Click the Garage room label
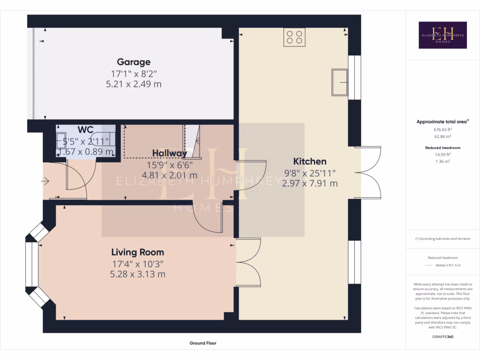[x=134, y=62]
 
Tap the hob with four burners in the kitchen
[x=294, y=37]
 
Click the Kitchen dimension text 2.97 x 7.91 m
[x=310, y=183]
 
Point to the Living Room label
[x=137, y=252]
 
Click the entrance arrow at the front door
[x=45, y=180]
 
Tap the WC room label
[x=85, y=129]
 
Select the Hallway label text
[x=169, y=153]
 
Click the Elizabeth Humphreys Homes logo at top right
[x=442, y=35]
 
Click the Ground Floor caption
[x=203, y=343]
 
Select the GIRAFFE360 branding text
[x=442, y=337]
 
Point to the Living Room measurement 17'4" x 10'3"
[x=137, y=264]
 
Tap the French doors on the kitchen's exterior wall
[x=368, y=172]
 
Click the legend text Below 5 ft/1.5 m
[x=448, y=265]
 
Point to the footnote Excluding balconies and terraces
[x=442, y=239]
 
